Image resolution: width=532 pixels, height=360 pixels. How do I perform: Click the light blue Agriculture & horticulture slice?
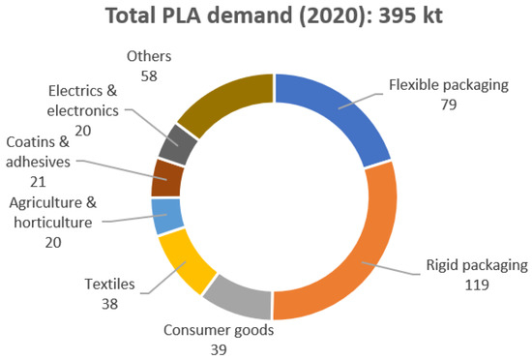click(167, 215)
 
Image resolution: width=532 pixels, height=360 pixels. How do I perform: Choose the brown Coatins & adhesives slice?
click(168, 179)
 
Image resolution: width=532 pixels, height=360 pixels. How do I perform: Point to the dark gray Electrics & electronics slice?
click(183, 146)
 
